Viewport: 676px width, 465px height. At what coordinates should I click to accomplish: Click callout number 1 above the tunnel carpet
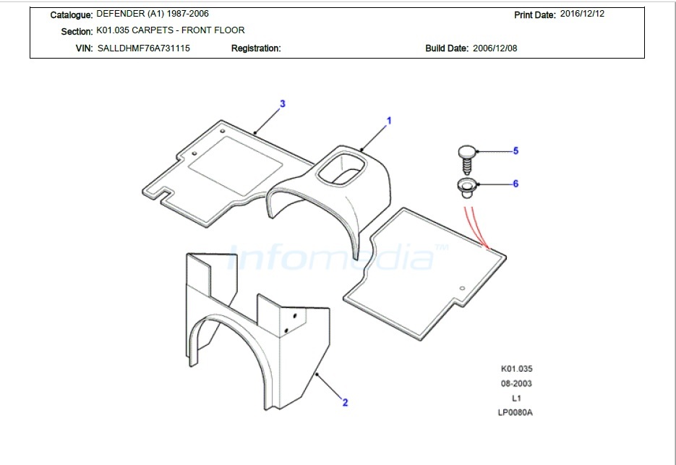(389, 121)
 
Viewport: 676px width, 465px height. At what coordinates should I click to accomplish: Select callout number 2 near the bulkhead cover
(345, 403)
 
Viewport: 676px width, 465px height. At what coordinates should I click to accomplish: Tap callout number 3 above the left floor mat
(283, 103)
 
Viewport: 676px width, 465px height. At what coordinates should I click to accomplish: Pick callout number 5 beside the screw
(515, 151)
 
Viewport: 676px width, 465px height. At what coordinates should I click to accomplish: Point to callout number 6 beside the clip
(515, 184)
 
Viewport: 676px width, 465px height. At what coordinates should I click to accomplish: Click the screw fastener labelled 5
(467, 159)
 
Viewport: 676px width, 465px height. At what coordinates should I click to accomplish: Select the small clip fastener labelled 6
(467, 188)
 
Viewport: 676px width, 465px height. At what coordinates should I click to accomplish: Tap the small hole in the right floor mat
(462, 288)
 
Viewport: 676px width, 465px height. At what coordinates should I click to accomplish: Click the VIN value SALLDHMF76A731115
(144, 48)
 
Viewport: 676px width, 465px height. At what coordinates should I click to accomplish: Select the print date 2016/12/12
(582, 14)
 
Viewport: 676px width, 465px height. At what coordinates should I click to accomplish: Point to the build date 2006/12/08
(495, 48)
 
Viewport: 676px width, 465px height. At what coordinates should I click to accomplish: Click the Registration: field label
(256, 48)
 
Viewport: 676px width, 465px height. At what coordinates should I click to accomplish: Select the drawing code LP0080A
(515, 412)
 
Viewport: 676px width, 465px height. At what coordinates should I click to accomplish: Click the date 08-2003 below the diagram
(516, 383)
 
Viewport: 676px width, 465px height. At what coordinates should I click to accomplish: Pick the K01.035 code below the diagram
(516, 369)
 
